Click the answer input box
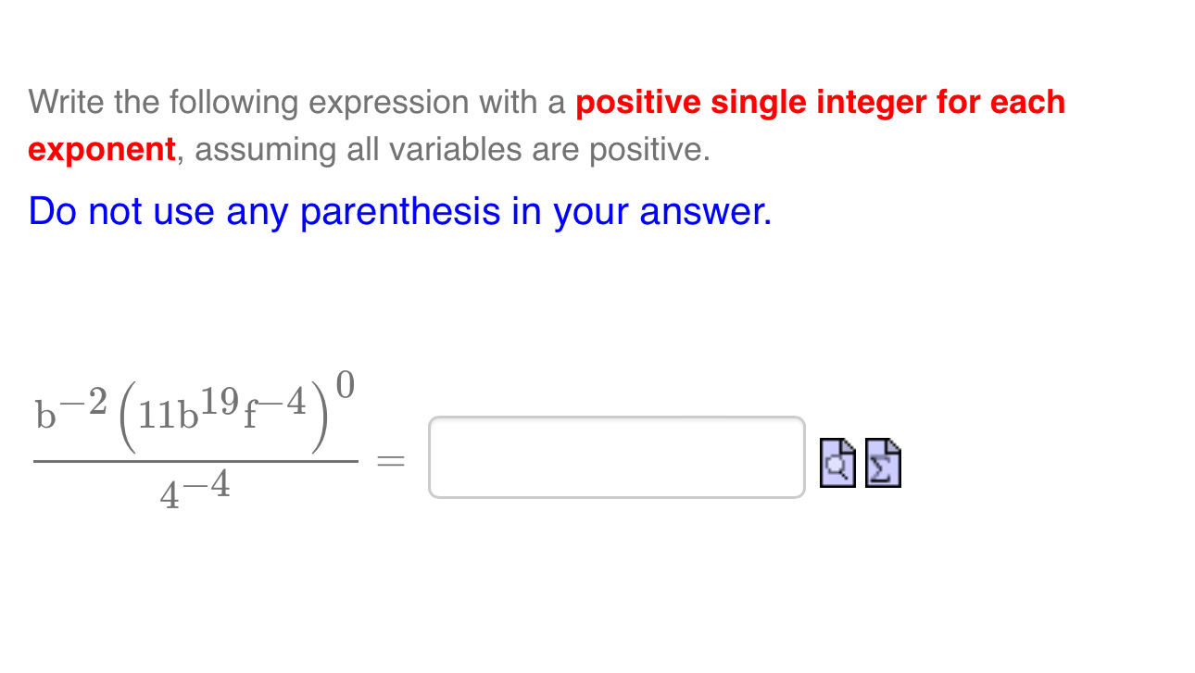coord(616,457)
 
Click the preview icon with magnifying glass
coord(837,462)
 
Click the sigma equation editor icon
coord(883,462)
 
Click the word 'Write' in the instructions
coord(66,102)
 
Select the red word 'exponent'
coord(101,149)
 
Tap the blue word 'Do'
coord(53,212)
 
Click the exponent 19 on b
coord(222,400)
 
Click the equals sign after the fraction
coord(391,460)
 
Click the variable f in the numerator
coord(250,416)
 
